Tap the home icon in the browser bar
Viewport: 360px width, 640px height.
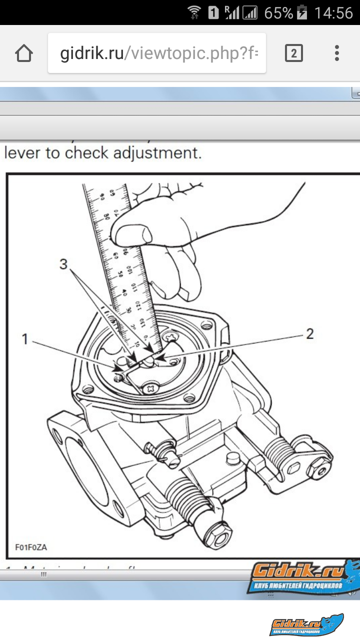pyautogui.click(x=24, y=53)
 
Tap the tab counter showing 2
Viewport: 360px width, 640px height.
pyautogui.click(x=293, y=53)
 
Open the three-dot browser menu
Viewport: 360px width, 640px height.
pyautogui.click(x=337, y=53)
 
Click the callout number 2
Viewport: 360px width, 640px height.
pyautogui.click(x=310, y=334)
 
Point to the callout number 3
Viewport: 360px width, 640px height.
pyautogui.click(x=63, y=264)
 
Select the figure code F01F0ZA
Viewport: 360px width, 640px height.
pyautogui.click(x=31, y=547)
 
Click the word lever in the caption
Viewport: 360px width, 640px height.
pyautogui.click(x=22, y=153)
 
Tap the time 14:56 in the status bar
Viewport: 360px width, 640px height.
pyautogui.click(x=333, y=13)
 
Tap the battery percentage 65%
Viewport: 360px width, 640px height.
pyautogui.click(x=278, y=13)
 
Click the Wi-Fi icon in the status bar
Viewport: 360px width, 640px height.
pyautogui.click(x=194, y=13)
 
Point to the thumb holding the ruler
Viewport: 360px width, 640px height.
pyautogui.click(x=131, y=232)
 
